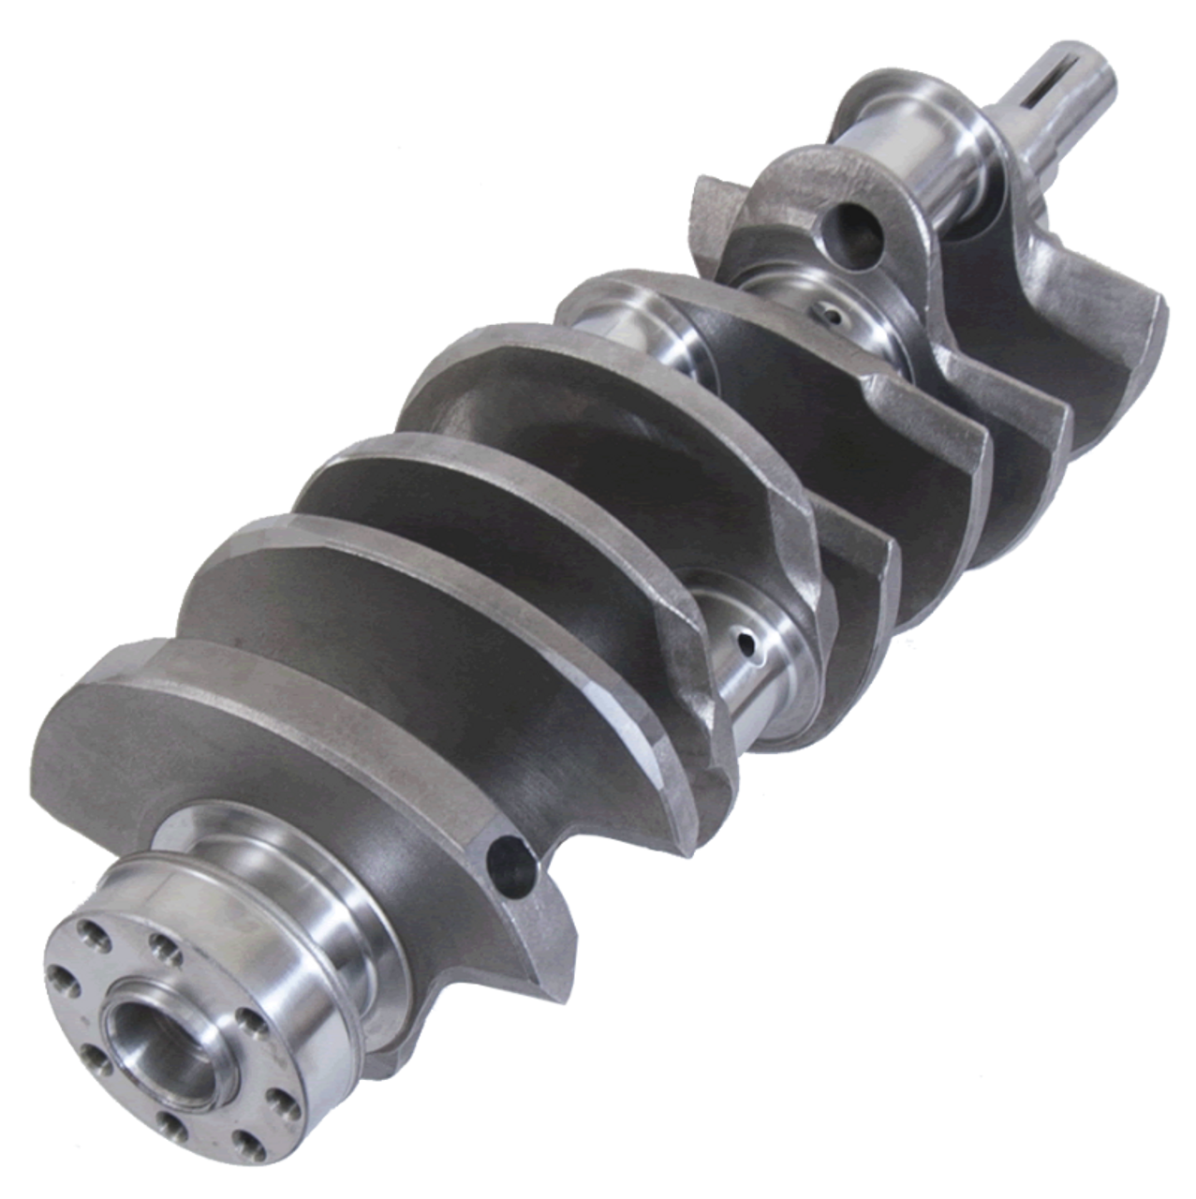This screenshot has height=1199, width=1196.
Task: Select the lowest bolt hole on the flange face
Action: (x=166, y=1118)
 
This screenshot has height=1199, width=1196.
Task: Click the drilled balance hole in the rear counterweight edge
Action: (x=507, y=855)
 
